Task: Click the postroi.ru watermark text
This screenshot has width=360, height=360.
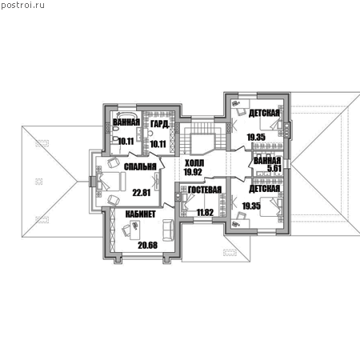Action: tap(22, 6)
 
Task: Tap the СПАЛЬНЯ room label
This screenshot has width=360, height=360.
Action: tap(140, 166)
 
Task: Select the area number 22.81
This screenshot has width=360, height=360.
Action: tap(142, 193)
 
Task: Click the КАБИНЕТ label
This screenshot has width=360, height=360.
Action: tap(140, 214)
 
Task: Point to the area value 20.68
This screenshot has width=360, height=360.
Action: tap(147, 246)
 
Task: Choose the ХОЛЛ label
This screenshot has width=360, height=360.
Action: tap(194, 163)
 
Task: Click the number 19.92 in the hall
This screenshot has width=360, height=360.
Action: tap(193, 172)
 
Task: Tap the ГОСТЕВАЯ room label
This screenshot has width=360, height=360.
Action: tap(205, 190)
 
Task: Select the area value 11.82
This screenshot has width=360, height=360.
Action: tap(205, 213)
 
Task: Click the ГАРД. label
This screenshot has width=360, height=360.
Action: tap(160, 124)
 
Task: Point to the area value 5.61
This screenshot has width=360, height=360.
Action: tap(274, 168)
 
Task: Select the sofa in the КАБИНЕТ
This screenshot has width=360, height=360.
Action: tap(168, 230)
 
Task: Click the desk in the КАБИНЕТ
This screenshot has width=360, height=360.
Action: tap(135, 230)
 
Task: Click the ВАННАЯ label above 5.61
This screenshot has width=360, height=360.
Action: tap(267, 161)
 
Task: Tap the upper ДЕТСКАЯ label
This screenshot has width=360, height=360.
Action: tap(264, 113)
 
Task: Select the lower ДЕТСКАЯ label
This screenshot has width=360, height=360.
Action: tap(264, 189)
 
